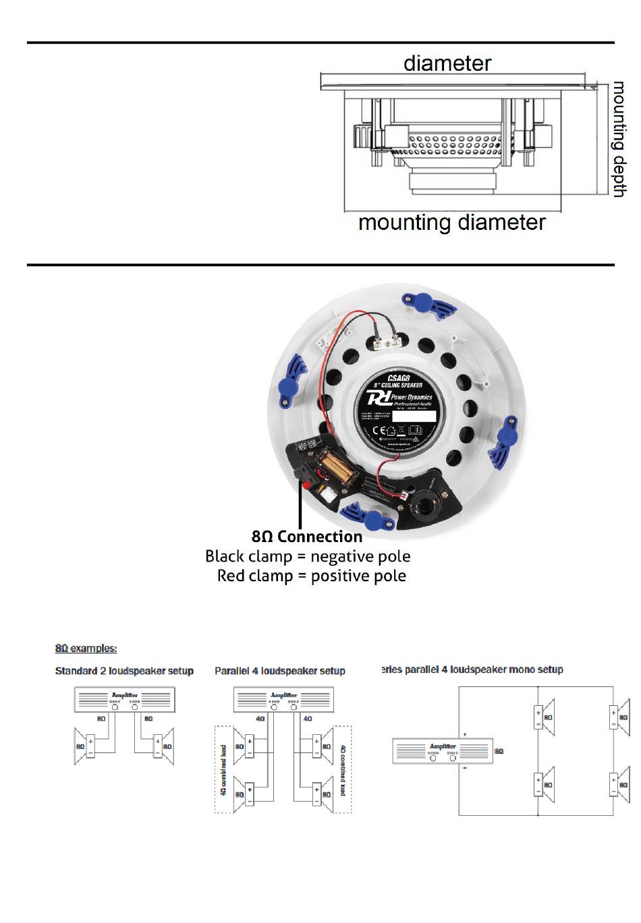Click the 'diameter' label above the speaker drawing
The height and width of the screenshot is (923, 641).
[x=447, y=63]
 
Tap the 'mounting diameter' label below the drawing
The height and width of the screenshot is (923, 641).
[x=451, y=222]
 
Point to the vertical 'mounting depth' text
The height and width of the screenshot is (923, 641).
[x=619, y=140]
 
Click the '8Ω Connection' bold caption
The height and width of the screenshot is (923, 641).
[x=307, y=537]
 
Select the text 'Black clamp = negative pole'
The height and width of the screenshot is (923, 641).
[x=308, y=556]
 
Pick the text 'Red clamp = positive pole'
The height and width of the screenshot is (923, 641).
[x=312, y=576]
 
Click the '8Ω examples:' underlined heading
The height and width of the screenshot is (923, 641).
[x=86, y=649]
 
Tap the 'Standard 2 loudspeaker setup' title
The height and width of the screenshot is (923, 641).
[x=124, y=671]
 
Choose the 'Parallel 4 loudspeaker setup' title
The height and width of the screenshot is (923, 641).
[x=280, y=671]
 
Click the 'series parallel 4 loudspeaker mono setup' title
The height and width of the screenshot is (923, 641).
[x=472, y=669]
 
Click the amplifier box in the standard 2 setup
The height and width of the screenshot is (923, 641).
[x=124, y=699]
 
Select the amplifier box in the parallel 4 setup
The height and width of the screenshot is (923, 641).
[x=283, y=699]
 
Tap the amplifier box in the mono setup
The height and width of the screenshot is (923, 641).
[x=443, y=750]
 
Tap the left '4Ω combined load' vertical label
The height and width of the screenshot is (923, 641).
[x=223, y=770]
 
